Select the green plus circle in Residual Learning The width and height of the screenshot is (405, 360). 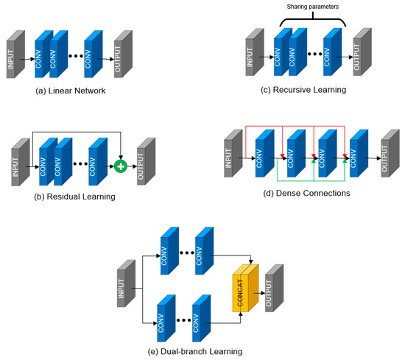(x=120, y=166)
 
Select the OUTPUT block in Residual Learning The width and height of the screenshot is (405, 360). (x=145, y=160)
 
